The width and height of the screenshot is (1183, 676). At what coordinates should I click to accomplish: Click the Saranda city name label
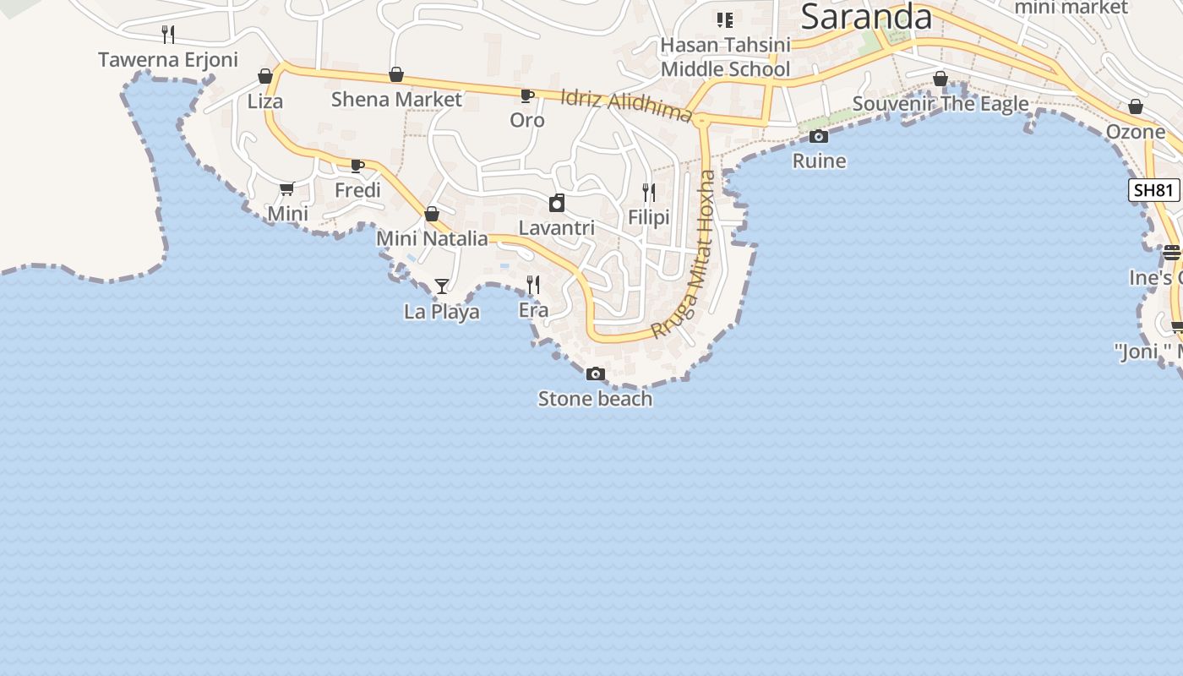click(866, 17)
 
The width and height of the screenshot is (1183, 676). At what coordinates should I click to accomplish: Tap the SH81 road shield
click(1153, 190)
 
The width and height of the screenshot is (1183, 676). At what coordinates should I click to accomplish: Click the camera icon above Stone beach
click(596, 373)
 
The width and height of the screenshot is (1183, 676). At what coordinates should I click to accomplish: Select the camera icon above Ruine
click(818, 136)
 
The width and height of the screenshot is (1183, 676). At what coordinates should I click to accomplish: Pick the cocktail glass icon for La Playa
click(441, 286)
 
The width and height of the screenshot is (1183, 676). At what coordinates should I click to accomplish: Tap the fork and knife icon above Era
click(533, 285)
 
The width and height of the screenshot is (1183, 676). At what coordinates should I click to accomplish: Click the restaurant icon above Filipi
click(649, 193)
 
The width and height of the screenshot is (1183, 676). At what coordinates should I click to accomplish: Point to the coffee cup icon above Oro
click(526, 95)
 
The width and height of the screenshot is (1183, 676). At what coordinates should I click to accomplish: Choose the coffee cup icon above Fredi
click(357, 165)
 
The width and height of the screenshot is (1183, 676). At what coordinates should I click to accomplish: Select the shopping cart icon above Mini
click(287, 188)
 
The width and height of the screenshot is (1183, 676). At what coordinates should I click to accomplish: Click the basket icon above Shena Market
click(396, 75)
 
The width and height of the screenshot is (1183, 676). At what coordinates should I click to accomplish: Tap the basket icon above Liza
click(265, 77)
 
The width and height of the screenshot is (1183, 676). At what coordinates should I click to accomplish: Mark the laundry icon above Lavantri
click(557, 203)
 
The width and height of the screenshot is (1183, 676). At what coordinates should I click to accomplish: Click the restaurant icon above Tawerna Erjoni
click(168, 35)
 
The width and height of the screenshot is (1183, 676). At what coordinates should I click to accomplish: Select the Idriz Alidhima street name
click(626, 106)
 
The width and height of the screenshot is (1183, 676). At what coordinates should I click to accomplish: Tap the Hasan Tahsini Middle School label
click(725, 57)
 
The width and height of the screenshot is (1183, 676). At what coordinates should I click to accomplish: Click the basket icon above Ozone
click(1136, 107)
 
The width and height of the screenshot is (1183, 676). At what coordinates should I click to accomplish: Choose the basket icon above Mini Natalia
click(432, 214)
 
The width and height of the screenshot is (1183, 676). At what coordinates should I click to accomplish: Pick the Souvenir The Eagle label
click(940, 104)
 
